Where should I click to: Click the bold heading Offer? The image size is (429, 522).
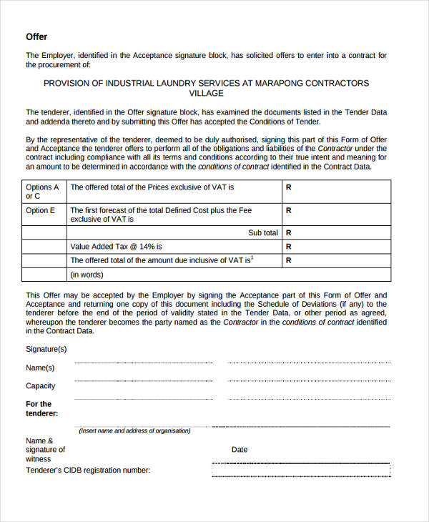pyautogui.click(x=36, y=37)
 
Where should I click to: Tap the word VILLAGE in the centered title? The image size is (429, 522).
pyautogui.click(x=206, y=94)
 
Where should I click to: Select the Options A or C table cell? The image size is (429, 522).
pyautogui.click(x=43, y=192)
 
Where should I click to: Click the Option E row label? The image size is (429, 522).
pyautogui.click(x=41, y=211)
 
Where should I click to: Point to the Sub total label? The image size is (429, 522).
pyautogui.click(x=263, y=232)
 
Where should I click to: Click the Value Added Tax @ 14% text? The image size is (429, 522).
pyautogui.click(x=112, y=247)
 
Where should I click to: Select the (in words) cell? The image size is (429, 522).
pyautogui.click(x=87, y=275)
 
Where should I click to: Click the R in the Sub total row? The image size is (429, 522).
pyautogui.click(x=289, y=232)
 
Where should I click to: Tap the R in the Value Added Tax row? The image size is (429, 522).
pyautogui.click(x=289, y=247)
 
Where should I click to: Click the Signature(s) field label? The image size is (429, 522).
pyautogui.click(x=46, y=349)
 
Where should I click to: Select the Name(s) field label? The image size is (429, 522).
pyautogui.click(x=41, y=368)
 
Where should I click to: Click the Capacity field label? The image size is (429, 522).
pyautogui.click(x=41, y=386)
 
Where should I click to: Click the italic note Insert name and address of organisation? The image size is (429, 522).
pyautogui.click(x=134, y=431)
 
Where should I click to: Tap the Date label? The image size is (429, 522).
pyautogui.click(x=240, y=450)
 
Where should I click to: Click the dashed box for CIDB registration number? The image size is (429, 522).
pyautogui.click(x=301, y=470)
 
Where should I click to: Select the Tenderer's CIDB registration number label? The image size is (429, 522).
pyautogui.click(x=88, y=471)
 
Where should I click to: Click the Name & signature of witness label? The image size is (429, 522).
pyautogui.click(x=45, y=450)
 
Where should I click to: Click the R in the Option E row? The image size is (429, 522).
pyautogui.click(x=289, y=211)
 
